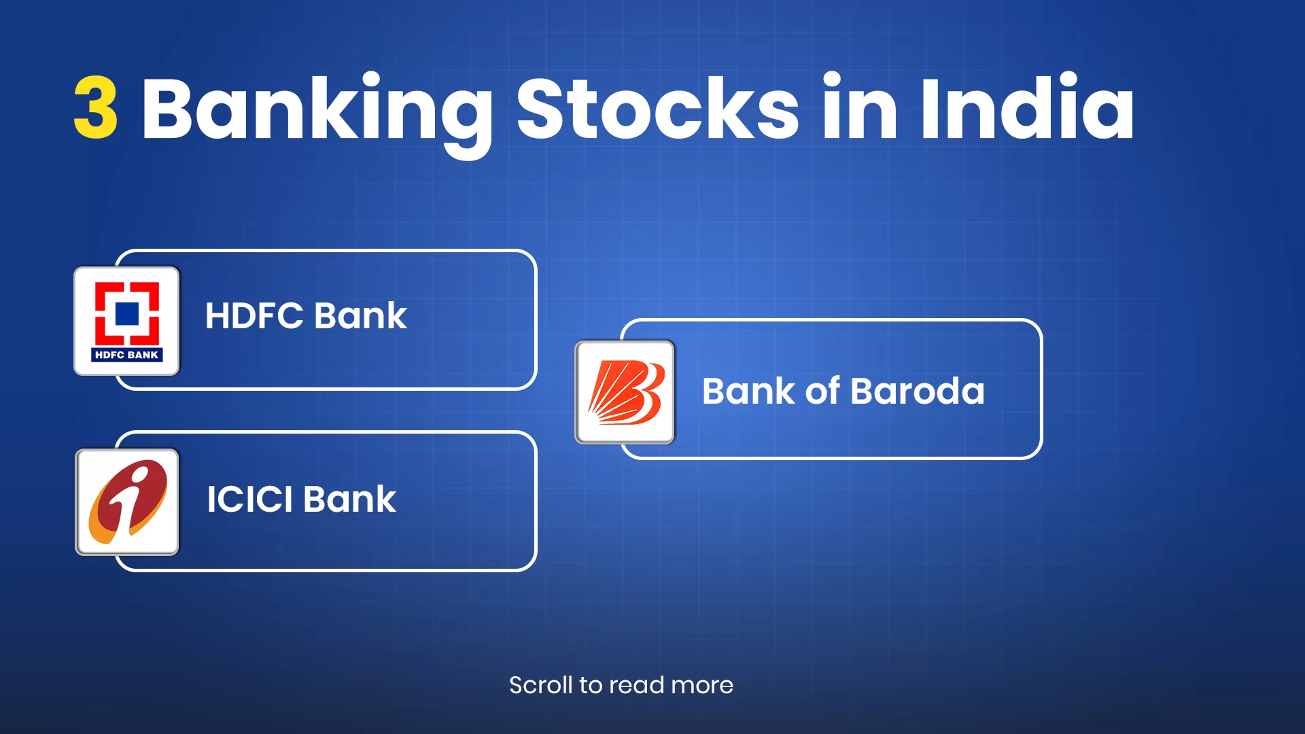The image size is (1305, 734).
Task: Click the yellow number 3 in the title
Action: pyautogui.click(x=96, y=107)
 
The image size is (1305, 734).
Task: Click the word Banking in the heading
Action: pyautogui.click(x=317, y=115)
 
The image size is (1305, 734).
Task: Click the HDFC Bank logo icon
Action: pyautogui.click(x=127, y=321)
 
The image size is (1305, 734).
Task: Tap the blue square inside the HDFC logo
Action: pyautogui.click(x=127, y=314)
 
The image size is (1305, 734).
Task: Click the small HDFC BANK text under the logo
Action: pyautogui.click(x=127, y=355)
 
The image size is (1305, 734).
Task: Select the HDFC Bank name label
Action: pyautogui.click(x=306, y=316)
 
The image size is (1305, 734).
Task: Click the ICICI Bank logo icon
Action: pyautogui.click(x=127, y=502)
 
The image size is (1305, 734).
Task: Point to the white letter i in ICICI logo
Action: pyautogui.click(x=127, y=500)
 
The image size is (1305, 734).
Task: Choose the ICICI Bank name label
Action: pyautogui.click(x=301, y=499)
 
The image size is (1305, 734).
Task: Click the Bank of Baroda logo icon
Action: pyautogui.click(x=625, y=392)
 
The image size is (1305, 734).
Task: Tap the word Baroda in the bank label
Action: pyautogui.click(x=917, y=391)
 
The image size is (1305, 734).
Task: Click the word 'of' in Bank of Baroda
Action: pyautogui.click(x=822, y=391)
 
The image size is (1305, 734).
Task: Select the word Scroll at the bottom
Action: pyautogui.click(x=541, y=685)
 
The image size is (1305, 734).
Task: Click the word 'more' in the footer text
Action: pyautogui.click(x=702, y=686)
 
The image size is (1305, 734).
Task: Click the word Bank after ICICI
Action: pyautogui.click(x=349, y=499)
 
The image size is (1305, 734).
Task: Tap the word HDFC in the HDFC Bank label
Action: pyautogui.click(x=254, y=316)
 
